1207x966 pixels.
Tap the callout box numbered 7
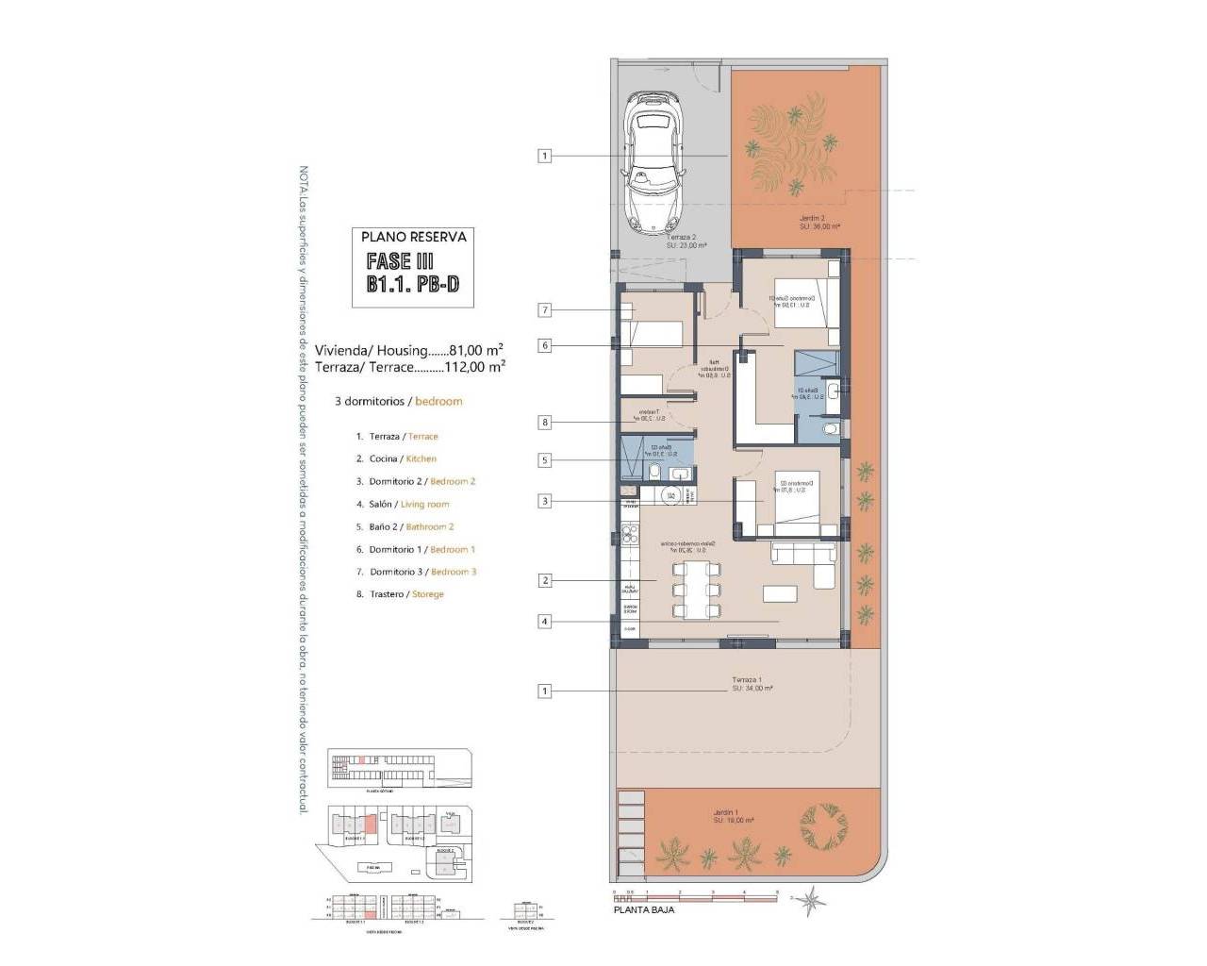[x=544, y=309]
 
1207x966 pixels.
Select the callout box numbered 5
[x=544, y=460]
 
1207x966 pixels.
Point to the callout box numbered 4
[x=544, y=621]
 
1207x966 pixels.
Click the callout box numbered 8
[x=544, y=423]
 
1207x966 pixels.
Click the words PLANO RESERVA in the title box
[x=409, y=237]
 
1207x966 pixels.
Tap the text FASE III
[x=399, y=261]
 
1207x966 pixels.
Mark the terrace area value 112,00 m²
[x=475, y=366]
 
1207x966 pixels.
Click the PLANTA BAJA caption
[x=643, y=910]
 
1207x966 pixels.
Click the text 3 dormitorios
[x=370, y=401]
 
